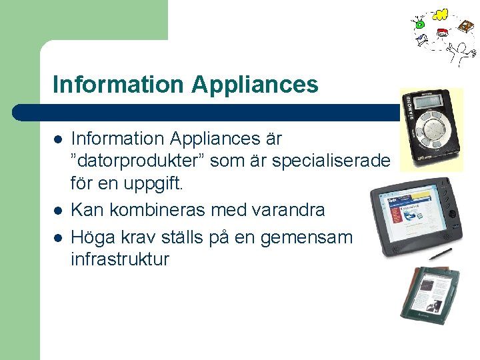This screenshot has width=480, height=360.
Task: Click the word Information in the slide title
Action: point(117,85)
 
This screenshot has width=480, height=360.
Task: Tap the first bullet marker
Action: point(59,140)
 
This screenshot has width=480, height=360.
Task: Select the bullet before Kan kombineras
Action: point(59,211)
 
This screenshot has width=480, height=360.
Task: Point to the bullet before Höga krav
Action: point(59,235)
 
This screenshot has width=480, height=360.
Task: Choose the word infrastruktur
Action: point(120,259)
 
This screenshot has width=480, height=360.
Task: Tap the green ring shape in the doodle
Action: point(419,25)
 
